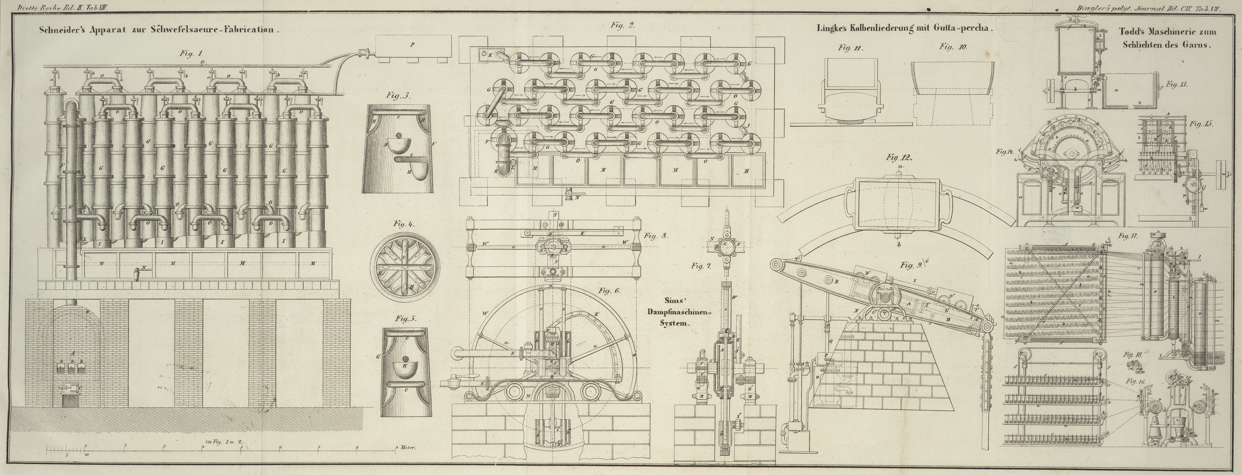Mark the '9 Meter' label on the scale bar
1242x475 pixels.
point(406,448)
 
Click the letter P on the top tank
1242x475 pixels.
point(411,44)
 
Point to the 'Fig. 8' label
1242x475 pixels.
point(655,236)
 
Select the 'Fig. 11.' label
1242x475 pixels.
point(851,48)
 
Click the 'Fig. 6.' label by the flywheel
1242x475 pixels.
point(608,291)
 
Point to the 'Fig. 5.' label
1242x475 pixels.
point(406,319)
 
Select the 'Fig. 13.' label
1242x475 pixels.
point(1177,84)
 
